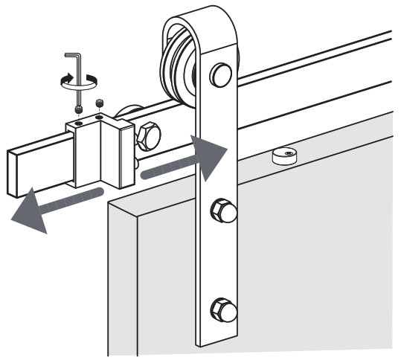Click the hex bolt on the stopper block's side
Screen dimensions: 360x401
click(147, 136)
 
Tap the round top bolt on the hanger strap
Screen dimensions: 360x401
click(220, 74)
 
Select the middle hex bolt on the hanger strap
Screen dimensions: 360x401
click(222, 211)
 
